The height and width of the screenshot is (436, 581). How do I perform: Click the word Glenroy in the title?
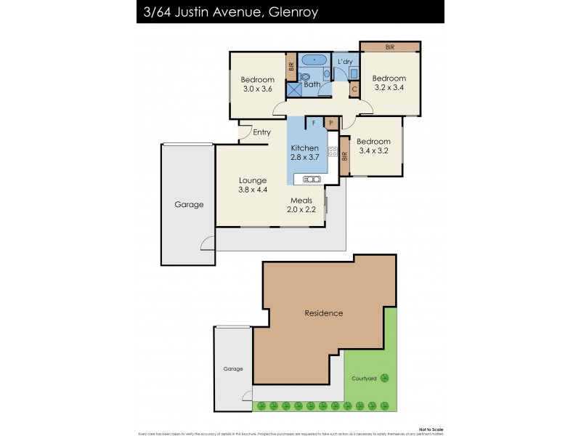[288, 12]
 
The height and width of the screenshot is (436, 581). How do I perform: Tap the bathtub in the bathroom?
[313, 60]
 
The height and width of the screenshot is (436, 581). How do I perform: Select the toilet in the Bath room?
[305, 76]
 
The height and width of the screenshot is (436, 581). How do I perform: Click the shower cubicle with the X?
[294, 89]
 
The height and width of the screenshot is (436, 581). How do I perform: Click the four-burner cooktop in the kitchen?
[333, 152]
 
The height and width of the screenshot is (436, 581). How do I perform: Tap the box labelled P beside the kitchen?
[331, 124]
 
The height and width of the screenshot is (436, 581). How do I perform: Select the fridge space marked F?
[314, 124]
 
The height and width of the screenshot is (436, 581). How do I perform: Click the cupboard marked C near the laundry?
[354, 89]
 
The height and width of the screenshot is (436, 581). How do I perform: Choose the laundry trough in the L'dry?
[352, 73]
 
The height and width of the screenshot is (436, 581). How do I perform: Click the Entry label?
[261, 132]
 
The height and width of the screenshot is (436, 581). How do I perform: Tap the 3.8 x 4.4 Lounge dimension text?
[253, 190]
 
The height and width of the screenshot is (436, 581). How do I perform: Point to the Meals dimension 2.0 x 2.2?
[301, 210]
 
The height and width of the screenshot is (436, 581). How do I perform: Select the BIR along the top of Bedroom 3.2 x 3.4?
[389, 47]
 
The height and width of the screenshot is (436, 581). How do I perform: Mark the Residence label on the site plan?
[323, 313]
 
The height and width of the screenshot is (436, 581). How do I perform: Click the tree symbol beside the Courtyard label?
[385, 378]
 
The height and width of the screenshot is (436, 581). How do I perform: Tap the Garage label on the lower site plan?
[232, 369]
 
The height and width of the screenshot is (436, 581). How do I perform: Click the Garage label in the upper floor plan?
[189, 205]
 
